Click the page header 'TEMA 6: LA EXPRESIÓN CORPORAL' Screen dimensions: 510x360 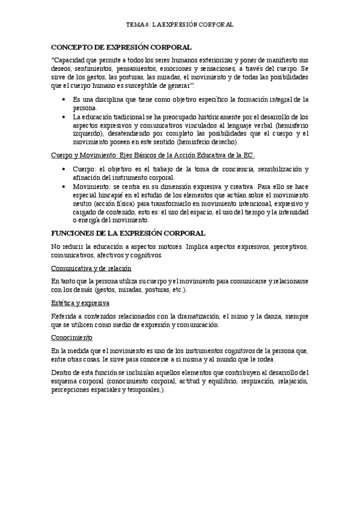180,25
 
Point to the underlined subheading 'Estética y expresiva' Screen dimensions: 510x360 80,303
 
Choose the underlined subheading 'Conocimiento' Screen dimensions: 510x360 71,338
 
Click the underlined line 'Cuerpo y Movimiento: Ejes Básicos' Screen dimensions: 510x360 153,155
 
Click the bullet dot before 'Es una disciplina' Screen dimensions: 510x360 64,99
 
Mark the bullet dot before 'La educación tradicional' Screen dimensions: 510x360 64,117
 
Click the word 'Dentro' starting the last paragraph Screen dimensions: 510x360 63,373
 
